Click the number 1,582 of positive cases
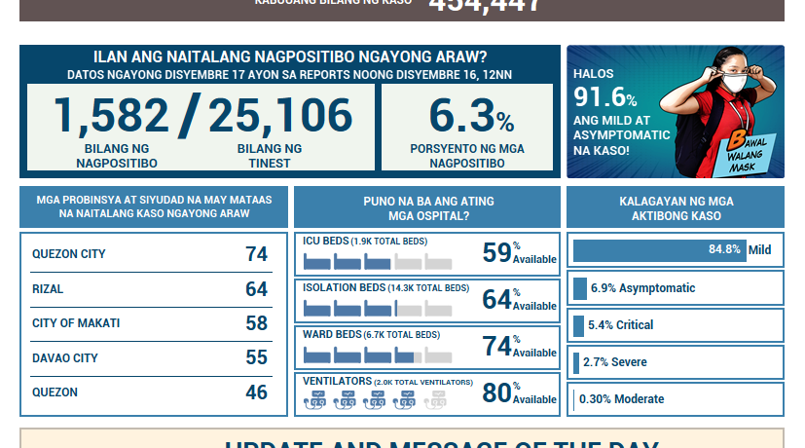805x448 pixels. click(x=112, y=115)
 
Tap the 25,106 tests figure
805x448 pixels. click(x=280, y=115)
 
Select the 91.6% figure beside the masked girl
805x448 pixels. click(x=605, y=98)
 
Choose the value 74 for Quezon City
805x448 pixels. click(x=256, y=254)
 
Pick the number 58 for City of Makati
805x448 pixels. click(x=256, y=323)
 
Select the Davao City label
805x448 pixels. click(x=65, y=358)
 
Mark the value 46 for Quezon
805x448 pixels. click(x=256, y=392)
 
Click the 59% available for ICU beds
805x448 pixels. click(x=497, y=252)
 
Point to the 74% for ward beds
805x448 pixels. click(x=497, y=346)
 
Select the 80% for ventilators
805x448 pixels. click(x=497, y=392)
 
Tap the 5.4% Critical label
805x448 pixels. click(x=621, y=325)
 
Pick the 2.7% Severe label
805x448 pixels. click(x=615, y=362)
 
